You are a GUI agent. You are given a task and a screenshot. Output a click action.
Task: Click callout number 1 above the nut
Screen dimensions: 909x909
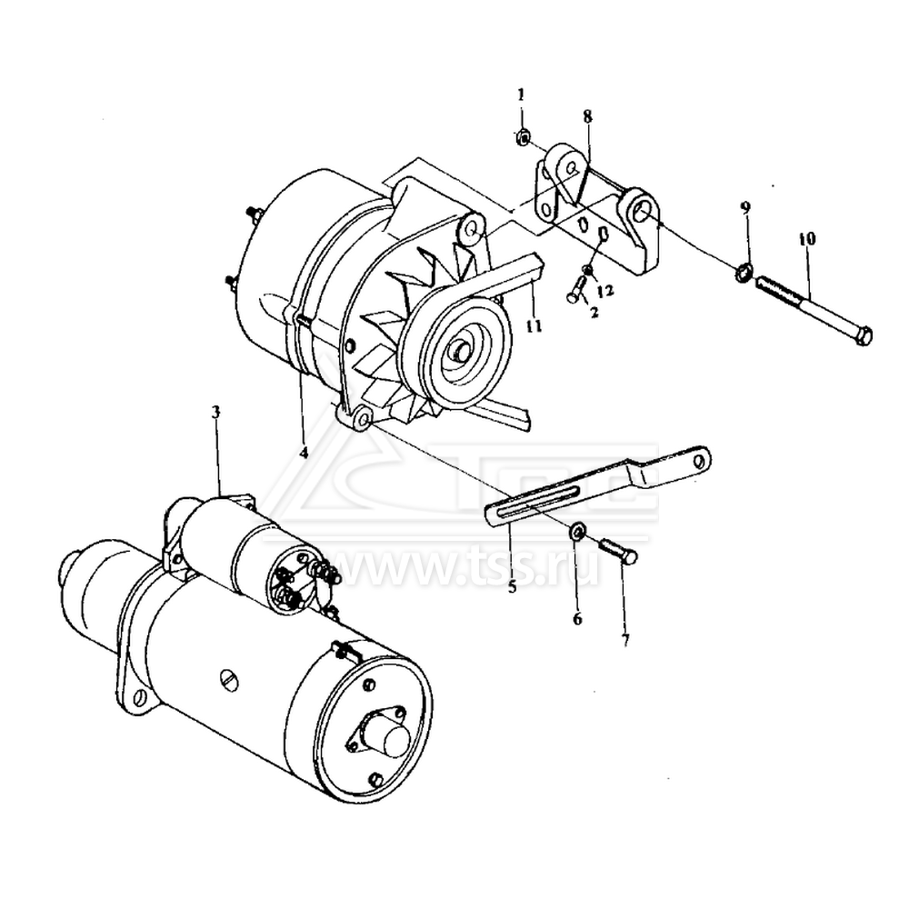coord(521,95)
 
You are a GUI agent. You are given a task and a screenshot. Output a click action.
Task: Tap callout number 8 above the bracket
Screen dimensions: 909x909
coord(588,116)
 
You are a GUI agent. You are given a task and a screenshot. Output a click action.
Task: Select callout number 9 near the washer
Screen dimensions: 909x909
coord(745,207)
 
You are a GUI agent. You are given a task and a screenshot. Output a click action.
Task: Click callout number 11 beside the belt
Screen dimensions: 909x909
coord(534,326)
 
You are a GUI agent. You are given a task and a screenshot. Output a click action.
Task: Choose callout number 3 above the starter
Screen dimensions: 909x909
coord(215,412)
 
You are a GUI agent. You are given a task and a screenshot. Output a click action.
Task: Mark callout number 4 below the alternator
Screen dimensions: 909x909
coord(304,452)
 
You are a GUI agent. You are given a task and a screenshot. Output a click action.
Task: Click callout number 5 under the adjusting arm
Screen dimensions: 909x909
coord(512,586)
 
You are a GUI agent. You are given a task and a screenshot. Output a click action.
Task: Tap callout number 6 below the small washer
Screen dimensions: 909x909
coord(577,619)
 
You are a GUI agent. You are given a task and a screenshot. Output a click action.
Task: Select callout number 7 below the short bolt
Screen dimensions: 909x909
coord(625,640)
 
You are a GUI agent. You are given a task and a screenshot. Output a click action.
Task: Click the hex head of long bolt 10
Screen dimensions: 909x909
coord(863,336)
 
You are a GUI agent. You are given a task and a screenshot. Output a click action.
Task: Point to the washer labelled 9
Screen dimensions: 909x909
coord(744,271)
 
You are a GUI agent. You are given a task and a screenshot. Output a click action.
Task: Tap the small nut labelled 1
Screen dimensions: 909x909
coord(523,137)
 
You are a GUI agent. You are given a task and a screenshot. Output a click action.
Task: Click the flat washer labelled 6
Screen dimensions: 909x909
coord(577,530)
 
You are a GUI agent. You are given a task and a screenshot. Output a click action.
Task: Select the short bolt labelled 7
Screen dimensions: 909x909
coord(619,550)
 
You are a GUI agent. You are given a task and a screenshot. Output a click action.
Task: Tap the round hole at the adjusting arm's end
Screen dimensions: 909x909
coord(701,460)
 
